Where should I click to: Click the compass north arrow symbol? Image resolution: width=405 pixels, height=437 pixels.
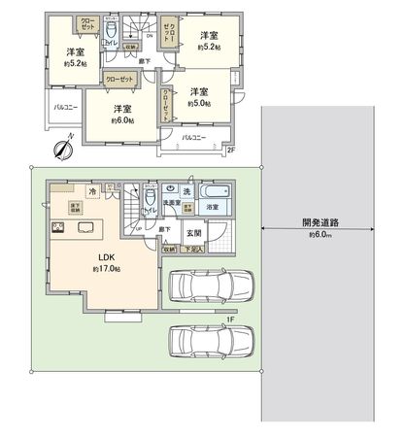point(61,150)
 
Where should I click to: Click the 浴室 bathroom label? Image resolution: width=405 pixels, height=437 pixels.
point(212,206)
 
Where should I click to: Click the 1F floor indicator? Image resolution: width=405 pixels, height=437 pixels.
point(229,318)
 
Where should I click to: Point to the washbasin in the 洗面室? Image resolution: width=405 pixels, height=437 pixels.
point(170,188)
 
